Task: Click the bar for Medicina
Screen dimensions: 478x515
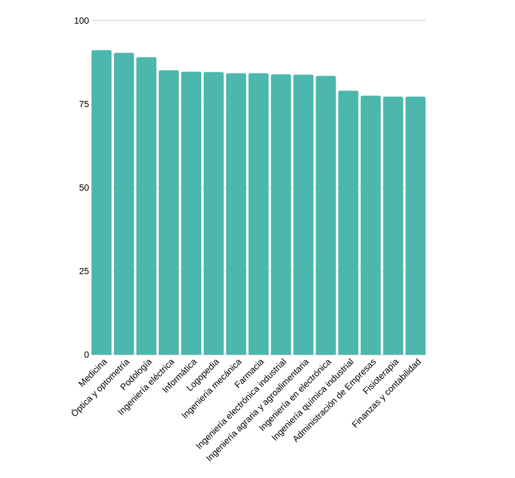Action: [102, 203]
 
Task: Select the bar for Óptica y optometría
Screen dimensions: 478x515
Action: [124, 204]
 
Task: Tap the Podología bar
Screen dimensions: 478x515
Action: [146, 206]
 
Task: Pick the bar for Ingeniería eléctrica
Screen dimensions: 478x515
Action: [169, 213]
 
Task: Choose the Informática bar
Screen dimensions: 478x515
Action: [191, 213]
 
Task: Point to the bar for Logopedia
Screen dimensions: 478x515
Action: [214, 213]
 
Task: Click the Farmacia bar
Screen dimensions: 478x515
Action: [258, 214]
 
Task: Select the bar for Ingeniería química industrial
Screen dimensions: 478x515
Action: [348, 222]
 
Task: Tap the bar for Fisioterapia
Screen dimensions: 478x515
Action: [393, 226]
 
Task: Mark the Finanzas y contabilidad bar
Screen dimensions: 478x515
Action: [415, 226]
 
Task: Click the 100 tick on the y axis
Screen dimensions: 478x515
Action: [82, 21]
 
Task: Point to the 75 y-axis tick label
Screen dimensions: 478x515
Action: [84, 104]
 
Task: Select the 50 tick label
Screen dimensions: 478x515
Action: [84, 188]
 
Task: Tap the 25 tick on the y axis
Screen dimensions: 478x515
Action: [84, 271]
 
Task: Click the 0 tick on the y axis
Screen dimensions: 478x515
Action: [87, 355]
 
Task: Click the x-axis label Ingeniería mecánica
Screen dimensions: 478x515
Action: [212, 388]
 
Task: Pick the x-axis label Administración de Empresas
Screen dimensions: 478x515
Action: [335, 400]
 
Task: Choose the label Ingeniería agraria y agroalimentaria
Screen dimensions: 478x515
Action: [258, 409]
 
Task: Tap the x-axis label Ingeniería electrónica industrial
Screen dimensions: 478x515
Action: [242, 403]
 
